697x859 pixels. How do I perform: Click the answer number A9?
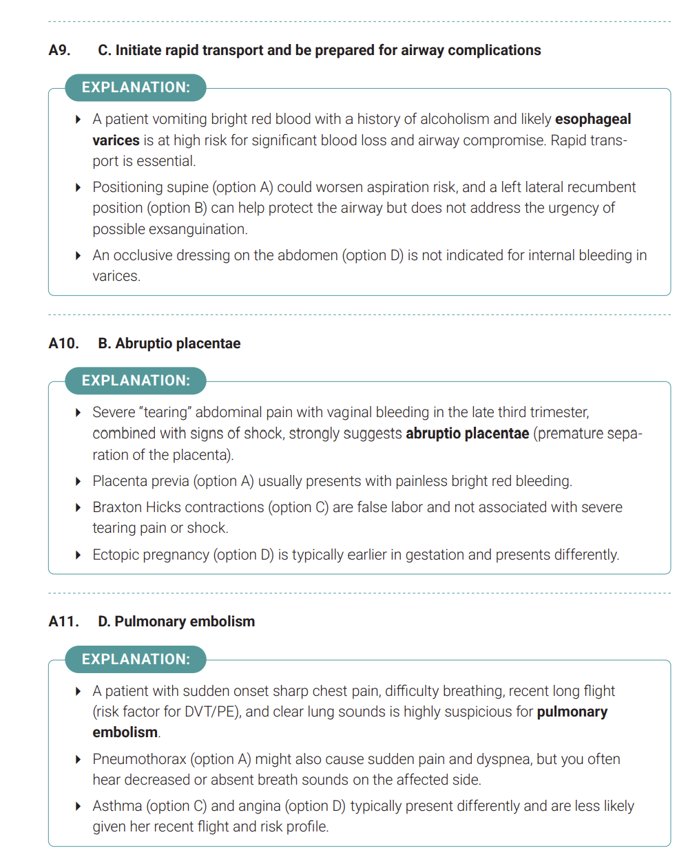coord(59,50)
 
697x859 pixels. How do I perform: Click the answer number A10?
coord(63,343)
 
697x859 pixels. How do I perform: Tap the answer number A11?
coord(63,622)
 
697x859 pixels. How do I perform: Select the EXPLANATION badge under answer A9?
coord(136,87)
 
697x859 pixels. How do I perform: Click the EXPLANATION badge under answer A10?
coord(136,381)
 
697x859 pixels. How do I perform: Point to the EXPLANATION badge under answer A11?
coord(136,659)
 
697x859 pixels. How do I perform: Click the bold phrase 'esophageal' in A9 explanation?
coord(592,119)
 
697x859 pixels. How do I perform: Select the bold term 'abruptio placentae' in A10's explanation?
coord(467,434)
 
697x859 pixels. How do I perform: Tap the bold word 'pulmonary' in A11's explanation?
coord(572,712)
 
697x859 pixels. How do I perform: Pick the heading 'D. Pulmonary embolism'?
coord(176,622)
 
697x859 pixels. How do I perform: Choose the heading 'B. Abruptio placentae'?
coord(169,343)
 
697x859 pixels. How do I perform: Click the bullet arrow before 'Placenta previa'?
coord(79,481)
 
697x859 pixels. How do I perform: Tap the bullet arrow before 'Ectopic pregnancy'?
coord(79,555)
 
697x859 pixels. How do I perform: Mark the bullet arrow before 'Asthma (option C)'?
coord(79,806)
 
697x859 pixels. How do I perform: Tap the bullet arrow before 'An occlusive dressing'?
coord(79,255)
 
